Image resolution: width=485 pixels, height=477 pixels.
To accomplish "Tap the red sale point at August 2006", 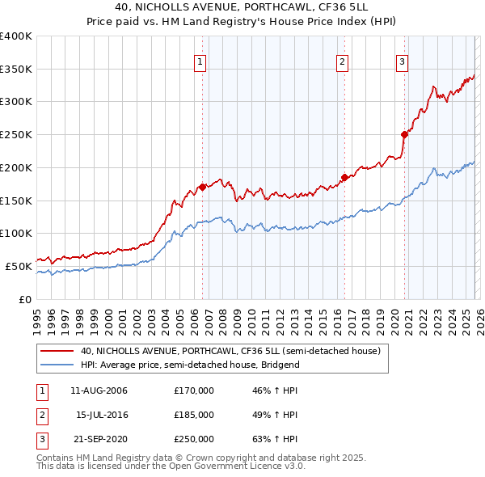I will tap(202, 186).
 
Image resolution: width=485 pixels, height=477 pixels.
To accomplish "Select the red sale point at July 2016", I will tap(344, 176).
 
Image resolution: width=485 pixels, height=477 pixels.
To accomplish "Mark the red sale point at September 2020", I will tap(404, 134).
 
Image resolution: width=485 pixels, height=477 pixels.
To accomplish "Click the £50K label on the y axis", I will tap(18, 266).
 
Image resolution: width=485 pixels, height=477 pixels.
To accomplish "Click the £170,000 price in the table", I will tap(194, 390).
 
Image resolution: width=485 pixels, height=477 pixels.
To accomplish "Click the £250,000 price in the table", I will tap(194, 439).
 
